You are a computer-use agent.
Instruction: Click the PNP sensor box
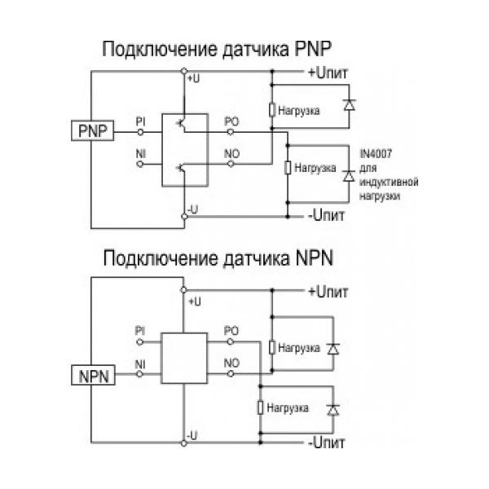click(x=92, y=130)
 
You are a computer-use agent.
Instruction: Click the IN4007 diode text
click(x=377, y=153)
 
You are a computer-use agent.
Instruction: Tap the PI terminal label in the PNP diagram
click(x=141, y=121)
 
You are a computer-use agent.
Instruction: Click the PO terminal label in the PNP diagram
click(x=231, y=121)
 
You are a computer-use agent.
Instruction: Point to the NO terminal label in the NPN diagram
click(x=231, y=362)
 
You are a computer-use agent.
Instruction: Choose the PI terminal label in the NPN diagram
click(x=140, y=330)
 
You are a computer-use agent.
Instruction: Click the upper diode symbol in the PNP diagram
click(x=350, y=105)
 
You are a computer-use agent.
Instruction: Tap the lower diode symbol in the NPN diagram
click(x=332, y=407)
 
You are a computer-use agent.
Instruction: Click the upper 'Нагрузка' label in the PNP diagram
click(x=299, y=109)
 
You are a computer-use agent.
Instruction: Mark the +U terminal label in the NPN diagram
click(x=194, y=302)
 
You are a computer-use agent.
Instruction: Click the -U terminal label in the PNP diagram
click(x=192, y=209)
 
